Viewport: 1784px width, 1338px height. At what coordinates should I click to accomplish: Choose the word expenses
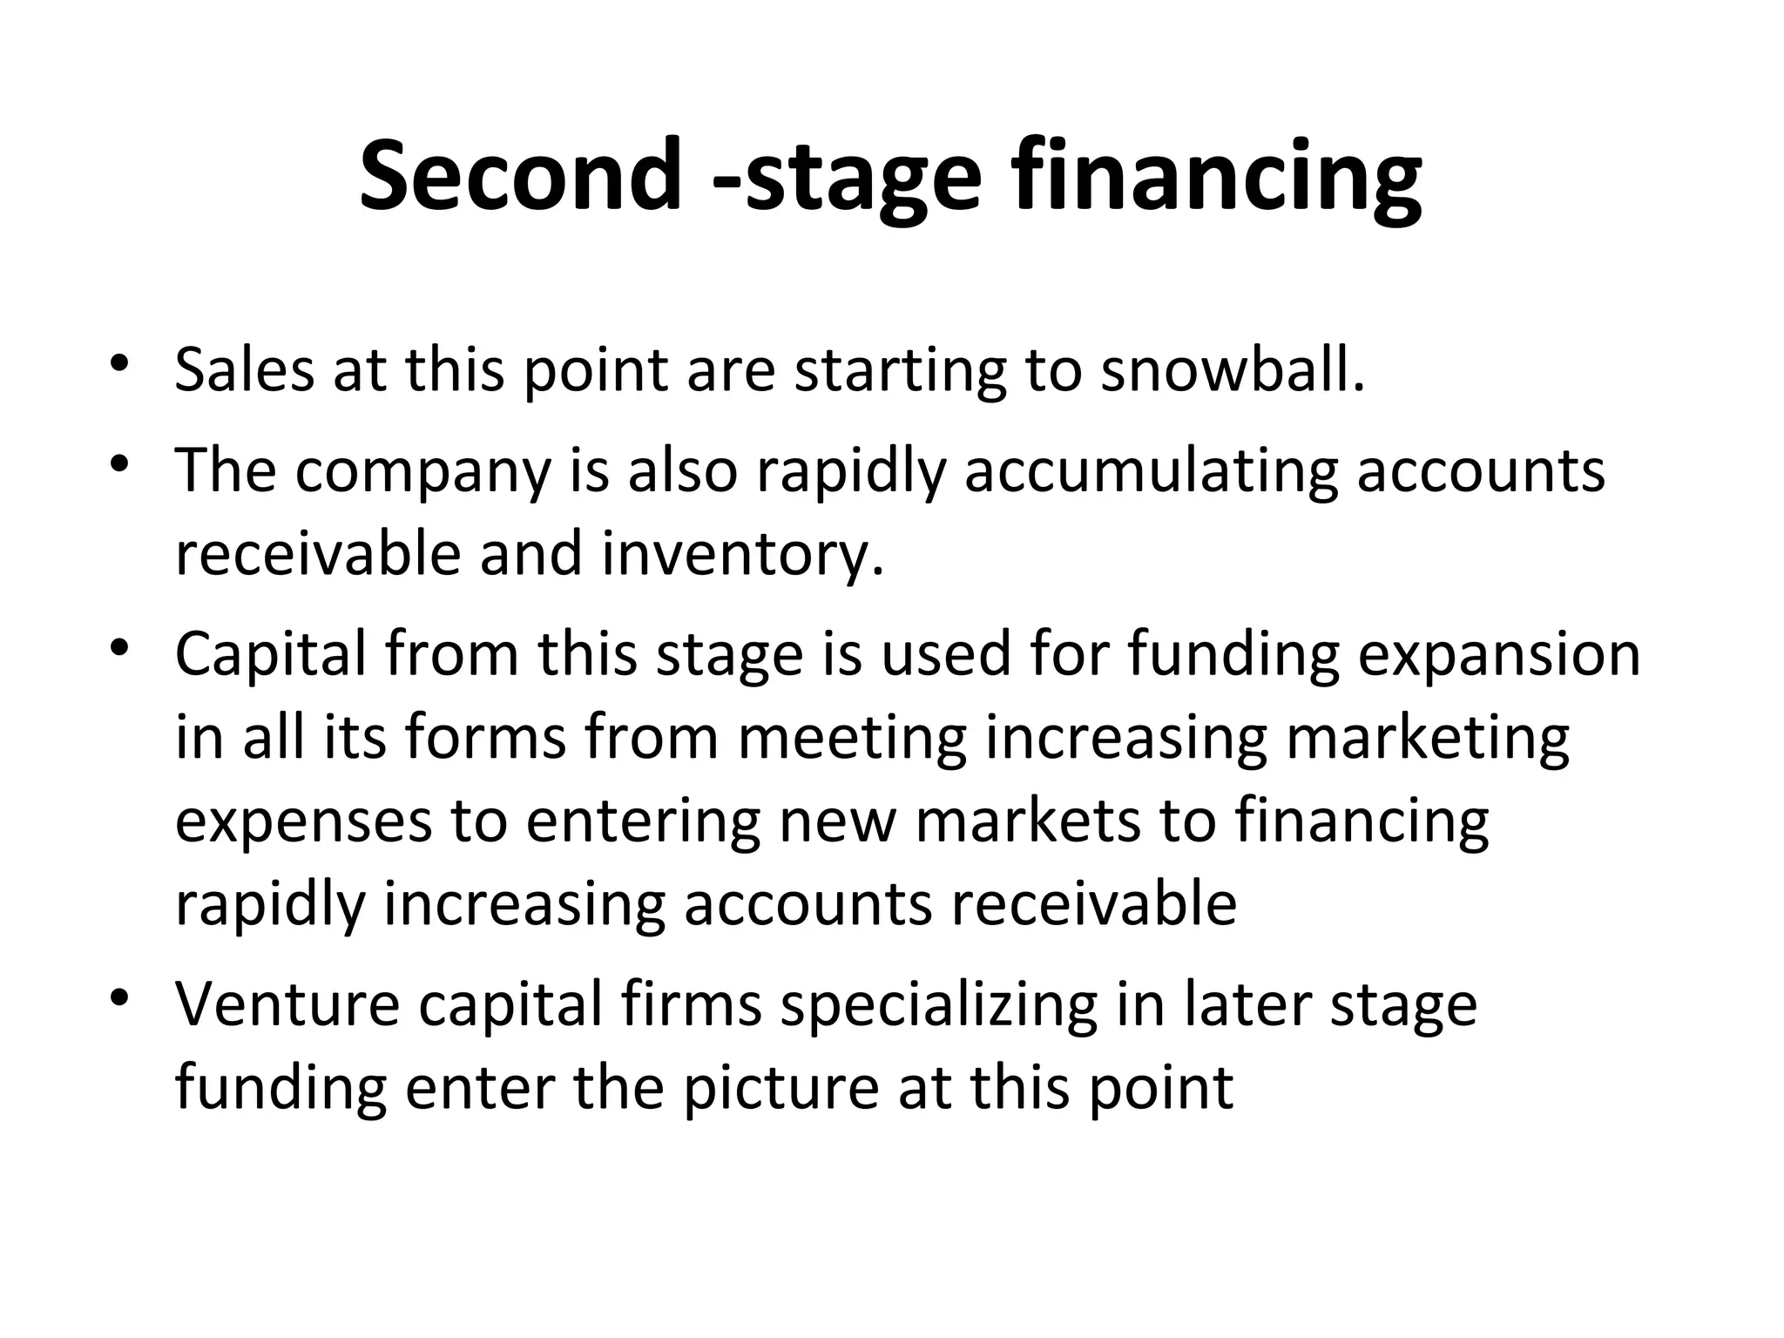[303, 822]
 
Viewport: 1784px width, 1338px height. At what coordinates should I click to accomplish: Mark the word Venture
[287, 1003]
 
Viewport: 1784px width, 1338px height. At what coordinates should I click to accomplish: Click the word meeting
[853, 739]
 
